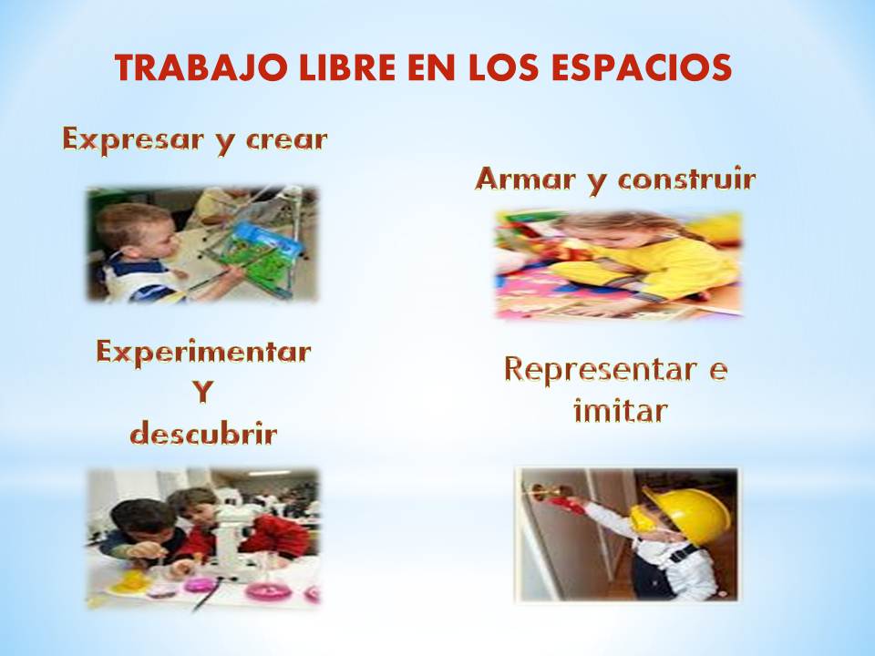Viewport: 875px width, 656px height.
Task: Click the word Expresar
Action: (x=137, y=140)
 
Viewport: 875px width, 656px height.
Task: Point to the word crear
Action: (x=283, y=141)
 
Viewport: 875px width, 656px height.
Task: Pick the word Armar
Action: (x=525, y=179)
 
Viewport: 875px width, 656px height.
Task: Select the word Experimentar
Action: (x=203, y=352)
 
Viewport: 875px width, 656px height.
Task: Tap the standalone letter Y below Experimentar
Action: (x=202, y=393)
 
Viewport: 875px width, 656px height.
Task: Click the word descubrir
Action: (x=202, y=433)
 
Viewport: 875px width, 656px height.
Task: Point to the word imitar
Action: (x=620, y=412)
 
